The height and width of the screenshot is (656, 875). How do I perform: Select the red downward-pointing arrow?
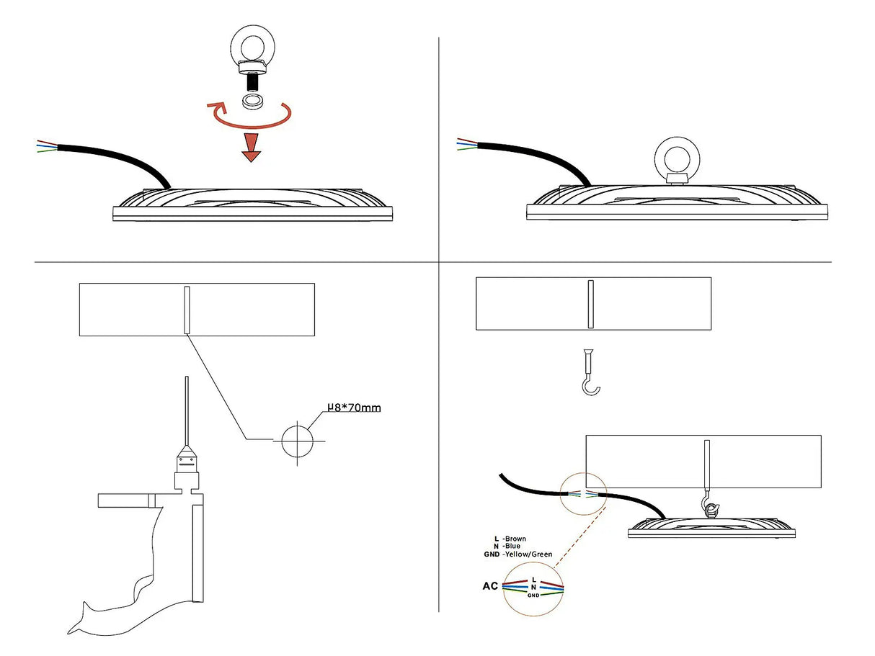[x=250, y=145]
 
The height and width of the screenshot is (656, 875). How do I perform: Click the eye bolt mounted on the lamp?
[x=677, y=161]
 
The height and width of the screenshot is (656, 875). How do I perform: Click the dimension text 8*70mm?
[x=355, y=408]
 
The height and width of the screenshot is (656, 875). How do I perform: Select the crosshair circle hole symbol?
[x=298, y=440]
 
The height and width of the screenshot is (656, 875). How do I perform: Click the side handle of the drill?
[x=124, y=500]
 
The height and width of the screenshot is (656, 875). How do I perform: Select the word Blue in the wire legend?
[x=512, y=547]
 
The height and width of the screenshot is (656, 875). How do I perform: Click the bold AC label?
[x=490, y=586]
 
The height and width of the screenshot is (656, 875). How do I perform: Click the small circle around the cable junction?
[x=583, y=494]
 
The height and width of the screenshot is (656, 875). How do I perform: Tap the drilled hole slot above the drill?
[x=186, y=310]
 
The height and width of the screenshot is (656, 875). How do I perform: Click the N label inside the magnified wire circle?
[x=533, y=588]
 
